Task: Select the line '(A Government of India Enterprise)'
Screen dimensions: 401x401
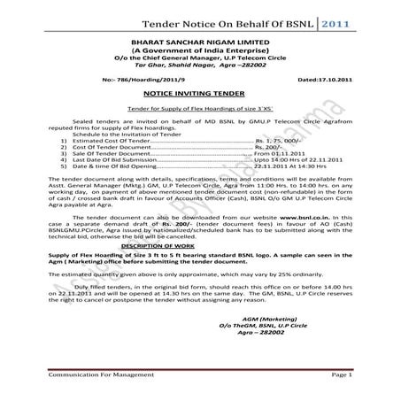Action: [x=197, y=50]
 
